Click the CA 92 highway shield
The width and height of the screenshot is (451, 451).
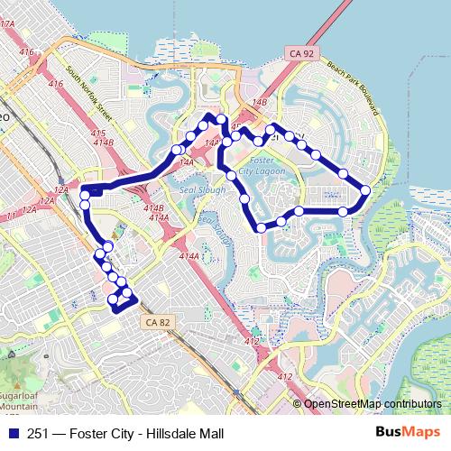tap(303, 55)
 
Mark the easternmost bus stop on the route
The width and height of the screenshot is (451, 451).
tap(365, 190)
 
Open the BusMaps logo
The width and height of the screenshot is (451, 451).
tap(409, 434)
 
